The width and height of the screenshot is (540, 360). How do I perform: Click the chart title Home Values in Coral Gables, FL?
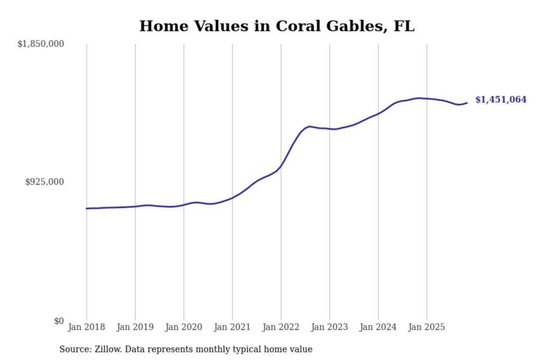(277, 26)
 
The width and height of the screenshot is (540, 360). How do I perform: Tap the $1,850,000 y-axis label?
(41, 44)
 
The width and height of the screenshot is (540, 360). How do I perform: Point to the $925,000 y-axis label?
(45, 182)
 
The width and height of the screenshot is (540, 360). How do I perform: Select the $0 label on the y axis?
(59, 321)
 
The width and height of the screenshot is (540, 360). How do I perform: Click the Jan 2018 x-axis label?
(86, 327)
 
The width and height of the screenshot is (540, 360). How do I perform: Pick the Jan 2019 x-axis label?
(135, 327)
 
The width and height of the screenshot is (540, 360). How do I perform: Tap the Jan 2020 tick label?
(183, 327)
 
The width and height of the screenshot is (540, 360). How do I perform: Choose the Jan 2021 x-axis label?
(232, 327)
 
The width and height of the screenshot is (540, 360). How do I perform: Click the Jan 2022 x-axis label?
(280, 327)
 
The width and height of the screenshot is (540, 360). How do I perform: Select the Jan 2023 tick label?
(329, 327)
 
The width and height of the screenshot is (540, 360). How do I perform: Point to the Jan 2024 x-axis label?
(378, 327)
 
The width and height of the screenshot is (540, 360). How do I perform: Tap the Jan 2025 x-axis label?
(426, 327)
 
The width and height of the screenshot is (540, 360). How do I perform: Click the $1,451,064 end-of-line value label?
(501, 99)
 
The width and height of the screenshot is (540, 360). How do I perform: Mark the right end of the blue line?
(467, 103)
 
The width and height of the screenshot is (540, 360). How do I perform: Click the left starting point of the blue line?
(87, 208)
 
